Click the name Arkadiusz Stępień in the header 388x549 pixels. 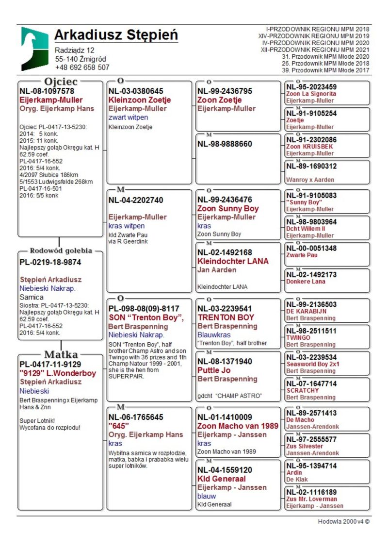point(116,35)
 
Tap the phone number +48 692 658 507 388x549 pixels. point(82,67)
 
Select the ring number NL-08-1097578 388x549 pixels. point(47,91)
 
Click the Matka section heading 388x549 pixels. point(60,354)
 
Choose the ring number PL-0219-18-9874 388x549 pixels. point(50,262)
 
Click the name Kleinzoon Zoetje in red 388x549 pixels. point(140,100)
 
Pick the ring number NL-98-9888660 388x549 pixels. point(225,144)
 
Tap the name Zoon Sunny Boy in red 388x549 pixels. point(228,209)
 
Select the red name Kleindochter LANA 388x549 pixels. point(233,261)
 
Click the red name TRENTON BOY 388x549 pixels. point(226,317)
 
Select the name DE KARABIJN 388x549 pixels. point(306,311)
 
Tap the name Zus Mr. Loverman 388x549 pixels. point(311,499)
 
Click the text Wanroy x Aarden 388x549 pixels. point(310,180)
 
